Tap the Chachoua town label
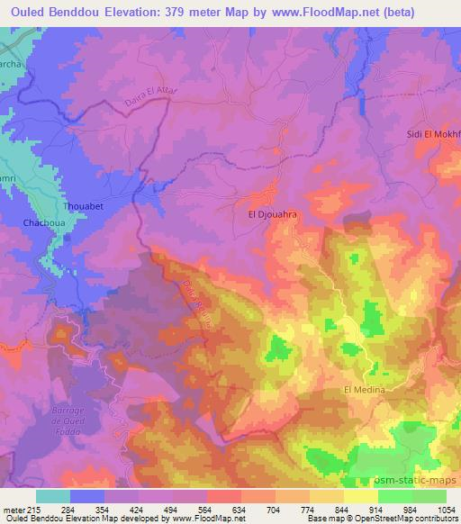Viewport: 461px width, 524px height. (x=43, y=221)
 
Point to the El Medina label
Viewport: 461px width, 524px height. (x=364, y=390)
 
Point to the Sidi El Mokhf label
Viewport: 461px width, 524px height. (x=434, y=133)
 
